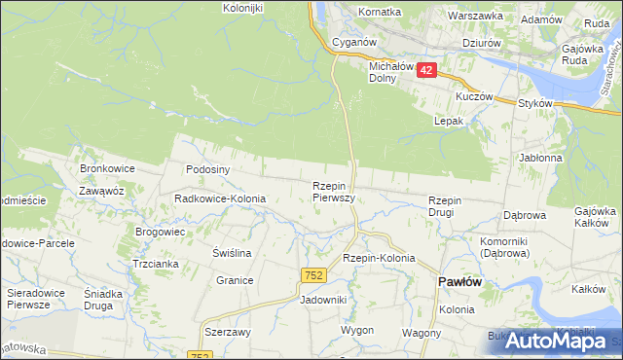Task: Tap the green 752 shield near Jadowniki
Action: (x=312, y=277)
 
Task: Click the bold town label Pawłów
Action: (x=460, y=281)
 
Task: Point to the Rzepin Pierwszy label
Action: (x=333, y=191)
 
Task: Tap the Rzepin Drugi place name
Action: (x=450, y=206)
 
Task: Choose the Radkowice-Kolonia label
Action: (x=220, y=198)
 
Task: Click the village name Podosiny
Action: (x=207, y=168)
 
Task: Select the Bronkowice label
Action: (x=107, y=168)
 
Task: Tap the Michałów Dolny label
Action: (x=391, y=72)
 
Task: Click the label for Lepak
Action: (x=448, y=121)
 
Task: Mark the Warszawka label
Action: (x=475, y=16)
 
